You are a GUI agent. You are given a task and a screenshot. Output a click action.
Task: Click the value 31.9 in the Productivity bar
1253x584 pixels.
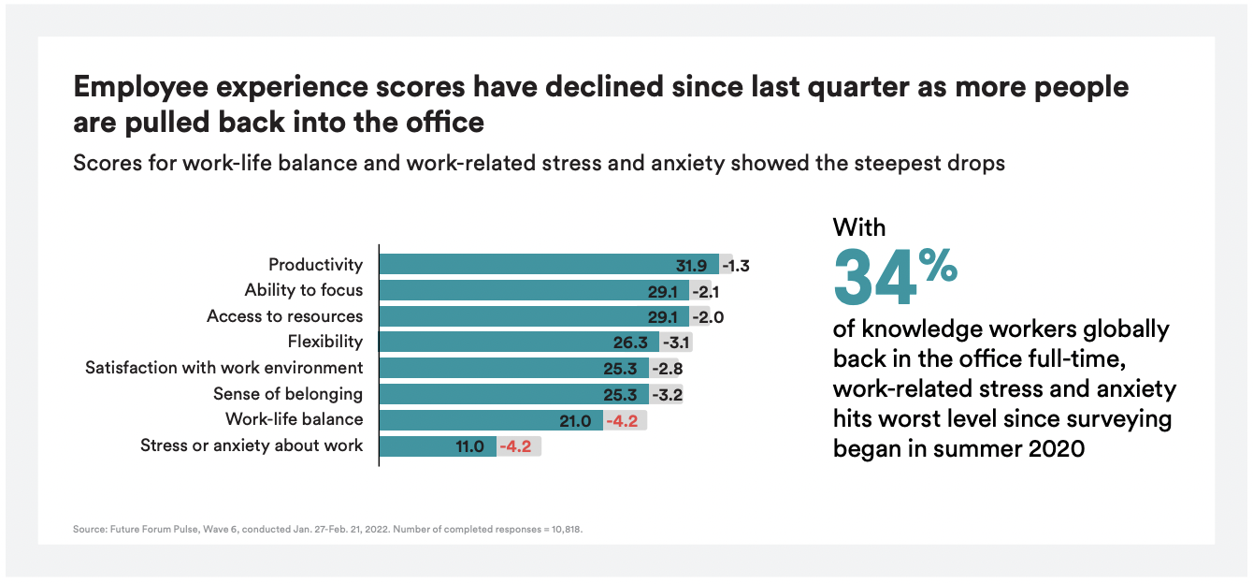pos(692,265)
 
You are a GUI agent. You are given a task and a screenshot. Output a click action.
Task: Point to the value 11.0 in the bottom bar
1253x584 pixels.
pos(469,446)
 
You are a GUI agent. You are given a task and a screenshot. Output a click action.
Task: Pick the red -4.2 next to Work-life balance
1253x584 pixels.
pos(621,421)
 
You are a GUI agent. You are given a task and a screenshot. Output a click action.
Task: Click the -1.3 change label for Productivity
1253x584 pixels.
pos(734,265)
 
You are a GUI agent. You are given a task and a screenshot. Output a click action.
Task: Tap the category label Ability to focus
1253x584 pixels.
pos(303,290)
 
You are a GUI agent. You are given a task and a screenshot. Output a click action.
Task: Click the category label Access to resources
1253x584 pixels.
pos(284,316)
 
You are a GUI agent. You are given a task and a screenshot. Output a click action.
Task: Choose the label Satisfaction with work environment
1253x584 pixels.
pos(223,368)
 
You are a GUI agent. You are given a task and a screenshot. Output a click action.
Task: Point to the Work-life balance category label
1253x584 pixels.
pos(294,419)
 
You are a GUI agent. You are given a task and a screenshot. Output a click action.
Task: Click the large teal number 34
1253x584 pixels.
pos(873,278)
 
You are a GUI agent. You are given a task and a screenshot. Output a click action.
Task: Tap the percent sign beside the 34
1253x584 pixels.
pos(938,265)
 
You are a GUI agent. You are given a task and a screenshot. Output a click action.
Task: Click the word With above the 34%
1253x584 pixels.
pos(858,227)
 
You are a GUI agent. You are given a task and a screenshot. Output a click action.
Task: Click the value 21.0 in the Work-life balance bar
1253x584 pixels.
pos(575,421)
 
